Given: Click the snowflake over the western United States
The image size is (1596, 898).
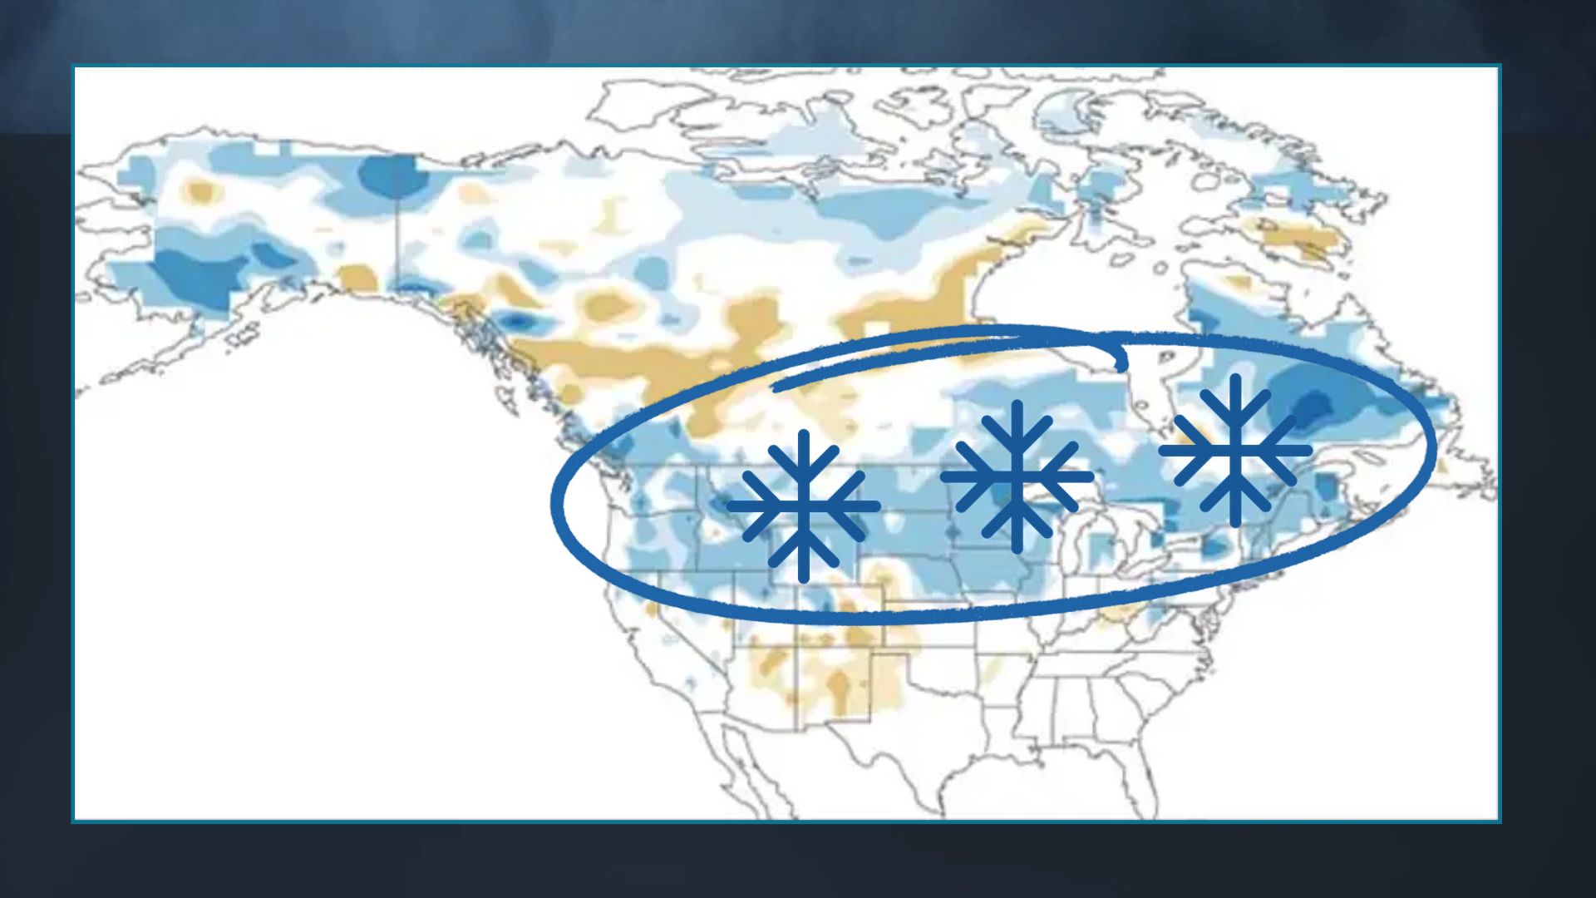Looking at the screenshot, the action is point(803,506).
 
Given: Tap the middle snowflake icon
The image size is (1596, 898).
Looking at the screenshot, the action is point(1017,476).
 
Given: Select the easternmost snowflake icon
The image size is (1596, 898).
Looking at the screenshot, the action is point(1235,451).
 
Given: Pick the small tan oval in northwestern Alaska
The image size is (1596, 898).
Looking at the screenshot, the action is point(200,192).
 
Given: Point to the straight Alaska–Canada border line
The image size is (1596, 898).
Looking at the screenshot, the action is point(397,241).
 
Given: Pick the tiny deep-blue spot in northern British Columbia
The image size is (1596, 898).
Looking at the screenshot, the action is point(517,321).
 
